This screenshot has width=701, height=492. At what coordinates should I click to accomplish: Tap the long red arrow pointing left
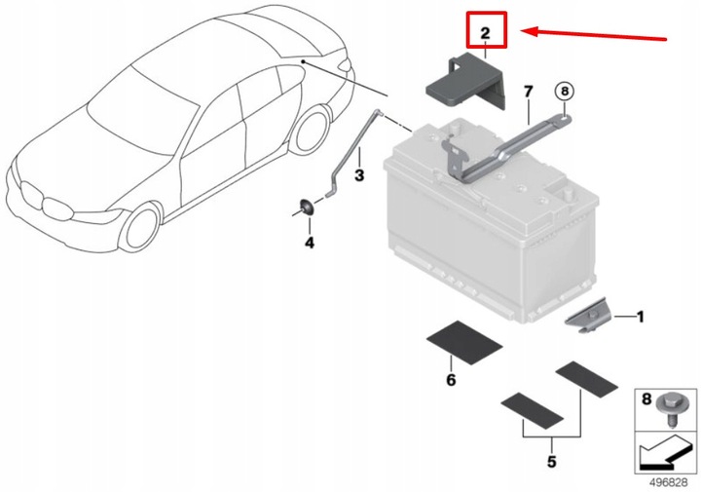[594, 34]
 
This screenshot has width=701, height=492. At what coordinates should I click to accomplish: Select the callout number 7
[529, 92]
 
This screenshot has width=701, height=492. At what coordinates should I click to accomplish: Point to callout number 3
[359, 175]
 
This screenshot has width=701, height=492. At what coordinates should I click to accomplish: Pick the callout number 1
[640, 316]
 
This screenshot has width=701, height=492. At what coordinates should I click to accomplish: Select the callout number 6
[451, 380]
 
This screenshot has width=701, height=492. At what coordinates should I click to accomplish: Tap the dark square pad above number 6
[465, 344]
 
